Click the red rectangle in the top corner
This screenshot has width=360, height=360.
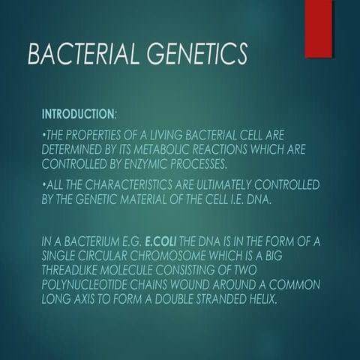(x=318, y=28)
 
